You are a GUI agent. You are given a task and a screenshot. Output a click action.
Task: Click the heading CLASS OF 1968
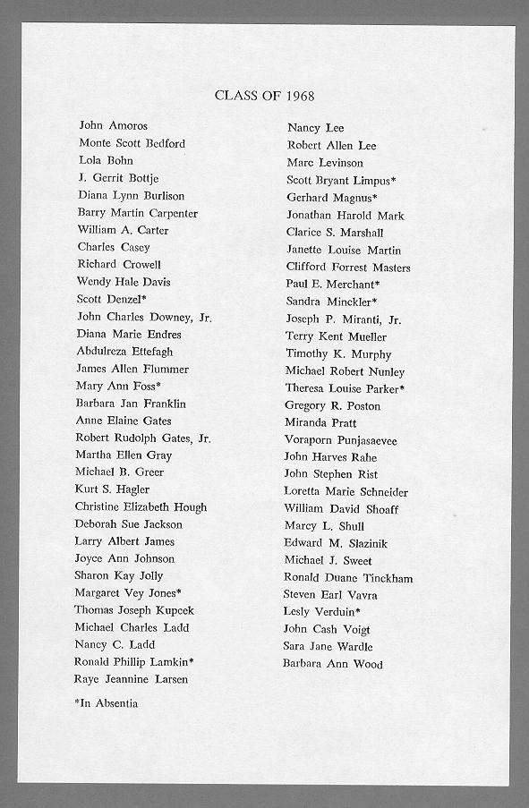pyautogui.click(x=264, y=95)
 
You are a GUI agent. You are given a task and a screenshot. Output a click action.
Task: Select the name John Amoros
pyautogui.click(x=113, y=126)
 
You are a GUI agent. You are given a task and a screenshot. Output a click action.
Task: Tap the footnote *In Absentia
pyautogui.click(x=106, y=703)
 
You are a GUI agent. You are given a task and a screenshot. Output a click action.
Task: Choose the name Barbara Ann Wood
pyautogui.click(x=332, y=664)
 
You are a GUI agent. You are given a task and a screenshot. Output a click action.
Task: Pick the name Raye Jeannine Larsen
pyautogui.click(x=131, y=679)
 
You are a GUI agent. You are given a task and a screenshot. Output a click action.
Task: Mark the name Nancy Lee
pyautogui.click(x=315, y=128)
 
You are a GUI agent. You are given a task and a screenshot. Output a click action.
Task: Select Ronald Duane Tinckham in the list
pyautogui.click(x=348, y=578)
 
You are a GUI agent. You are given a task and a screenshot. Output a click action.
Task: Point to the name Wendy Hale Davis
pyautogui.click(x=124, y=282)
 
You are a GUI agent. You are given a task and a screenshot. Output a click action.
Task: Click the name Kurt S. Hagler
pyautogui.click(x=112, y=489)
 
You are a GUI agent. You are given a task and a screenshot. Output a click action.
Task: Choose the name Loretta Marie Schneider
pyautogui.click(x=346, y=492)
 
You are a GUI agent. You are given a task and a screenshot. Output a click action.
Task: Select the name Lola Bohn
pyautogui.click(x=106, y=160)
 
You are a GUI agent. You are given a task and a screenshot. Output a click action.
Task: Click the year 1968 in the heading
pyautogui.click(x=297, y=95)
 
